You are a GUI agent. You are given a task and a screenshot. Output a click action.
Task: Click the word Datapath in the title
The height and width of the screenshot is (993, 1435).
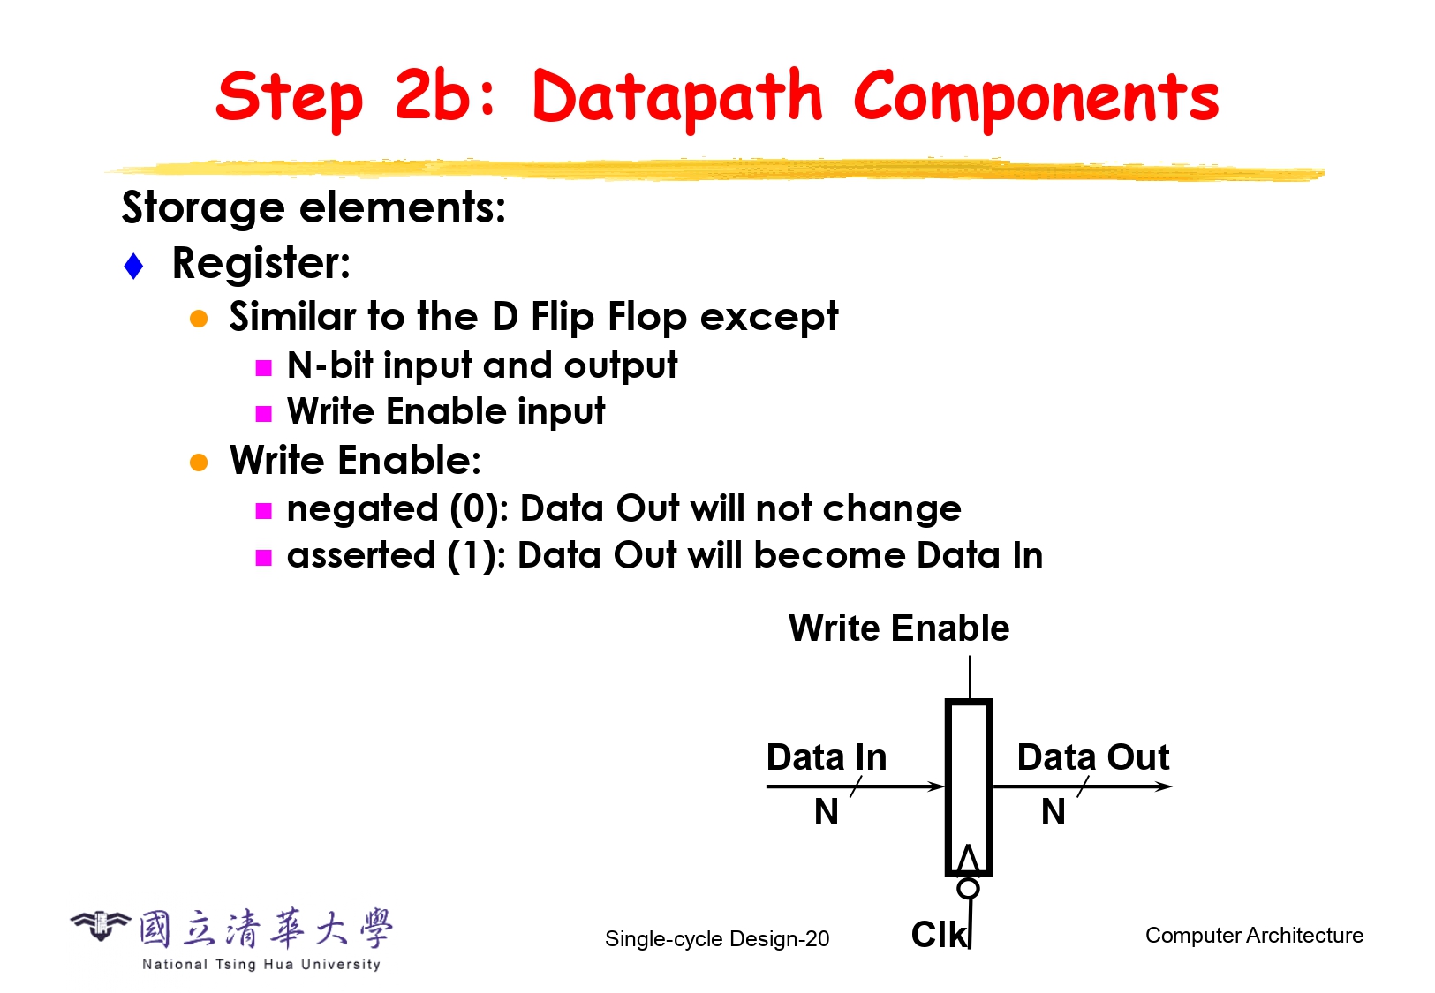pyautogui.click(x=676, y=99)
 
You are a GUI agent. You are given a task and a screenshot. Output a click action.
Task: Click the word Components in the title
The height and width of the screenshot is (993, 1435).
pyautogui.click(x=1037, y=99)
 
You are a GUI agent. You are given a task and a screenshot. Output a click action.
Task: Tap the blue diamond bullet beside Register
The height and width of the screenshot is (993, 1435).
pyautogui.click(x=133, y=267)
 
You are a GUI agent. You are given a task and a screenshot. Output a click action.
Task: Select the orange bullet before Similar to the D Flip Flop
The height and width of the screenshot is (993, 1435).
pyautogui.click(x=199, y=318)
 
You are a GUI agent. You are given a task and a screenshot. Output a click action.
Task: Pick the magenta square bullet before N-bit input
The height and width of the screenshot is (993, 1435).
pyautogui.click(x=263, y=367)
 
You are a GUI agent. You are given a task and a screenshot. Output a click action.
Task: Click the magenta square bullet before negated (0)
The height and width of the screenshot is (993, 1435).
pyautogui.click(x=263, y=511)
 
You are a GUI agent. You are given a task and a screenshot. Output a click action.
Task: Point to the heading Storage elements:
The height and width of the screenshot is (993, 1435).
pyautogui.click(x=313, y=208)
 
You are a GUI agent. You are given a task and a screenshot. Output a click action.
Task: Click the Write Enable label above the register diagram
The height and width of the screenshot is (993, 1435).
pyautogui.click(x=899, y=628)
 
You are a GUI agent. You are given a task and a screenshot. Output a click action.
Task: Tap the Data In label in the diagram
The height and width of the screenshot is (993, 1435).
pyautogui.click(x=827, y=757)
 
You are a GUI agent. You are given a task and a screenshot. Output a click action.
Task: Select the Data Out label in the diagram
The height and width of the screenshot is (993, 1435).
pyautogui.click(x=1093, y=757)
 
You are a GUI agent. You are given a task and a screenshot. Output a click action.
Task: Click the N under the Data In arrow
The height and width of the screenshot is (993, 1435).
pyautogui.click(x=827, y=812)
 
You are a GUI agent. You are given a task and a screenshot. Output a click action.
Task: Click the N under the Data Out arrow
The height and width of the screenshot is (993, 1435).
pyautogui.click(x=1054, y=812)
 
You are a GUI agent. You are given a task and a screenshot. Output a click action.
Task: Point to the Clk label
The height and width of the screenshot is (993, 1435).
pyautogui.click(x=939, y=935)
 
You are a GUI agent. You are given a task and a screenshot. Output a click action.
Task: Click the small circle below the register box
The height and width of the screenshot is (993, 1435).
pyautogui.click(x=968, y=888)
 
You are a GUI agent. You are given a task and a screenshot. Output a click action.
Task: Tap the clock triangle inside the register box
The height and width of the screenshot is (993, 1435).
pyautogui.click(x=969, y=859)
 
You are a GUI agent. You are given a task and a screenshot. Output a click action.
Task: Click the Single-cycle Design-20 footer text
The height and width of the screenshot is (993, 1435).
pyautogui.click(x=717, y=939)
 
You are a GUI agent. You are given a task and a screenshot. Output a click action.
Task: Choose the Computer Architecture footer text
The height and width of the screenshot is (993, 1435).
pyautogui.click(x=1254, y=936)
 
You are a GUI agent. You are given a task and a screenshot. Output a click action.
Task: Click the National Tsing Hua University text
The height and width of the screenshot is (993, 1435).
pyautogui.click(x=261, y=964)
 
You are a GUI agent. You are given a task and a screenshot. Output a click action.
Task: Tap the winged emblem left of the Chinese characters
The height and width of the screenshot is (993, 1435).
pyautogui.click(x=100, y=925)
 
